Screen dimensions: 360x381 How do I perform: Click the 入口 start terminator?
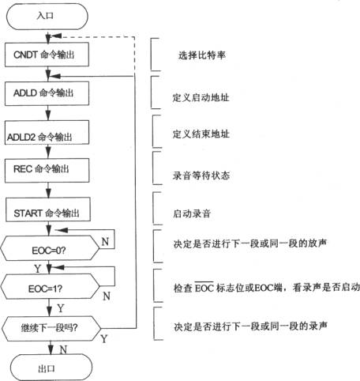(x=47, y=17)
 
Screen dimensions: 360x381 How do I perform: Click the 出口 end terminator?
(x=51, y=368)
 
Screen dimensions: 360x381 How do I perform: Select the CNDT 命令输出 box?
(x=47, y=55)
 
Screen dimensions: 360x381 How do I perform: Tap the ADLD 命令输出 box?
(x=47, y=93)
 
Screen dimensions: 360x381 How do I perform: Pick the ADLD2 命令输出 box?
(x=47, y=132)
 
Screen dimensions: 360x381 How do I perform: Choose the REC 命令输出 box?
(x=47, y=171)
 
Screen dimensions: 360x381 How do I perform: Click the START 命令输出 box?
(x=48, y=209)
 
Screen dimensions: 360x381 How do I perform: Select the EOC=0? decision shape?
(x=50, y=248)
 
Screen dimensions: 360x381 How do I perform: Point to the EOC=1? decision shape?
(x=50, y=286)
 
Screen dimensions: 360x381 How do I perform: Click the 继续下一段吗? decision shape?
(x=51, y=329)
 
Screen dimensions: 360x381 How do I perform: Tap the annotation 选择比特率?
(x=202, y=55)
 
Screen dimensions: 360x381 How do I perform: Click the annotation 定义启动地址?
(x=201, y=97)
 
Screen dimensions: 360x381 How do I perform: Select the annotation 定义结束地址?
(x=201, y=134)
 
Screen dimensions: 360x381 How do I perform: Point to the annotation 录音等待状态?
(x=201, y=175)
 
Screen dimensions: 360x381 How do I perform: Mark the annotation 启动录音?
(x=192, y=213)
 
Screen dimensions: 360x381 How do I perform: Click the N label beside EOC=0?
(x=105, y=242)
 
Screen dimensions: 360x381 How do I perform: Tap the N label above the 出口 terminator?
(x=63, y=349)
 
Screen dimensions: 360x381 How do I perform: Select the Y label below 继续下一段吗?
(x=104, y=339)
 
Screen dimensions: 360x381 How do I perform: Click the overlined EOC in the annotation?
(x=204, y=287)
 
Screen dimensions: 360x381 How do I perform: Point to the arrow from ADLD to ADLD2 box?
(x=48, y=113)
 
